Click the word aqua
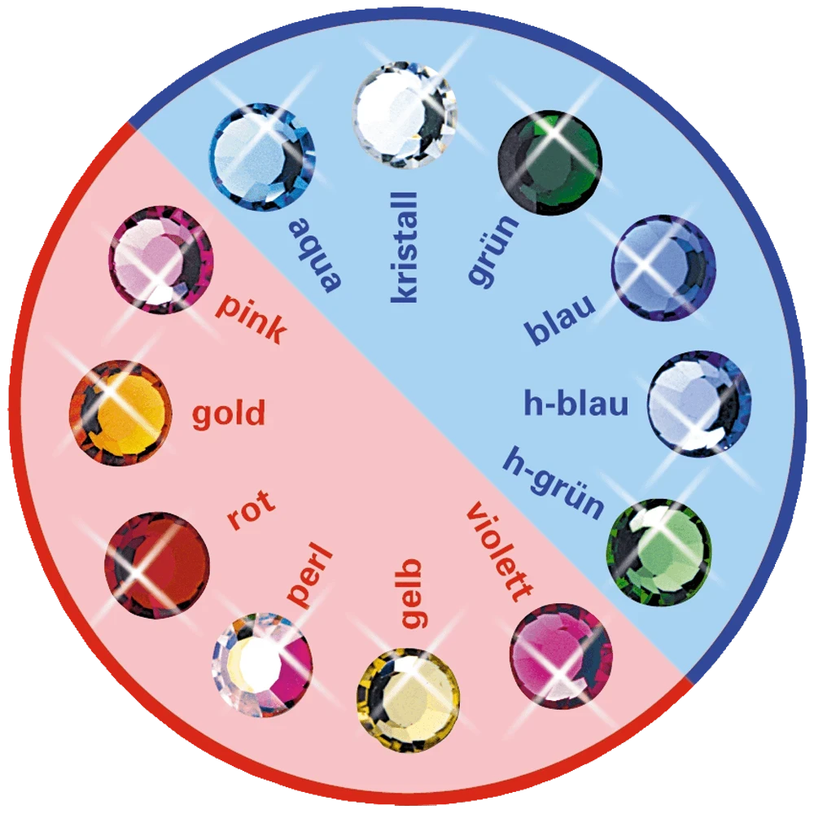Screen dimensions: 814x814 (317, 253)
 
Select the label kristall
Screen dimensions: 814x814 (405, 247)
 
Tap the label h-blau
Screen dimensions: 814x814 (576, 404)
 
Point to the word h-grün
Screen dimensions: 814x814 (554, 483)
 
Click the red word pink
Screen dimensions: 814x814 (252, 318)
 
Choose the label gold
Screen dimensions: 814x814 (229, 414)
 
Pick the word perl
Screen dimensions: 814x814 (310, 579)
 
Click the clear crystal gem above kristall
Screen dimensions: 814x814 (405, 116)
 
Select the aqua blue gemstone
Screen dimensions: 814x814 (262, 156)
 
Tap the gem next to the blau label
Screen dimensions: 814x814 (663, 268)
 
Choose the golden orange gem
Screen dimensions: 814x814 (120, 413)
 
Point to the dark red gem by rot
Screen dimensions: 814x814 (157, 564)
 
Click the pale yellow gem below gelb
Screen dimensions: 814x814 (408, 698)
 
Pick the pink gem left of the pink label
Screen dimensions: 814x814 (160, 260)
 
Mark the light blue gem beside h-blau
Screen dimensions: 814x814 (699, 405)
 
